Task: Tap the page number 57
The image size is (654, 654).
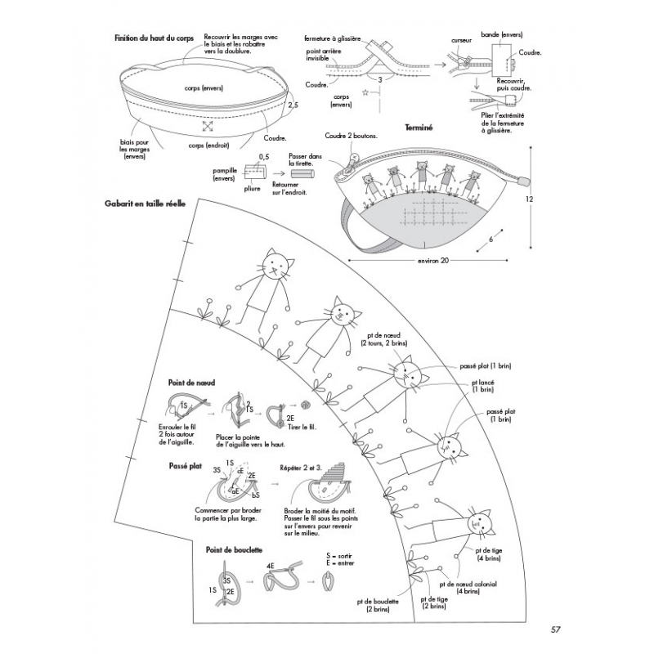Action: point(555,629)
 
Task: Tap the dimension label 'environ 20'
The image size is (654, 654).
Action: point(433,261)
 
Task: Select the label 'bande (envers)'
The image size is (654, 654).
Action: point(502,35)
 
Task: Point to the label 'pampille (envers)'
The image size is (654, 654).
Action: point(225,173)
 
